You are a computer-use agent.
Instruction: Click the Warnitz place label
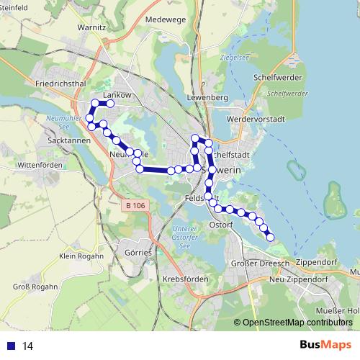point(92,28)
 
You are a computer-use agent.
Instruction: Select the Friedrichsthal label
point(60,84)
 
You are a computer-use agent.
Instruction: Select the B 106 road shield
point(134,205)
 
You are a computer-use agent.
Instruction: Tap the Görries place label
point(138,253)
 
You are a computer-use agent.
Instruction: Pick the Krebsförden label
point(186,279)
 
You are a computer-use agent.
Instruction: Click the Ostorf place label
point(221,225)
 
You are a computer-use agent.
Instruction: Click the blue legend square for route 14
point(10,346)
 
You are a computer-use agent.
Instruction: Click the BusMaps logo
point(325,345)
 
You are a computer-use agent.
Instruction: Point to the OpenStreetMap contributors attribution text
point(294,323)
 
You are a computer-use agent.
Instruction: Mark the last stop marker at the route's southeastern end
point(271,237)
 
